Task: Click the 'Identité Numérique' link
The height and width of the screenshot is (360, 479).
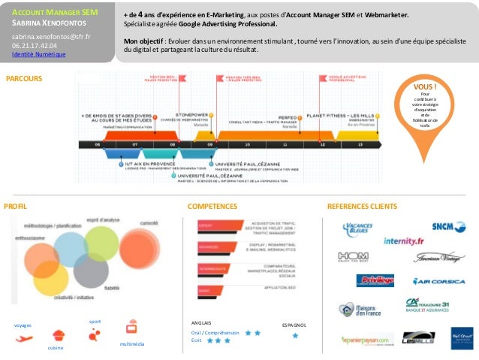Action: pos(38,55)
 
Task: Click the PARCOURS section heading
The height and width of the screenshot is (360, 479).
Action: pos(24,78)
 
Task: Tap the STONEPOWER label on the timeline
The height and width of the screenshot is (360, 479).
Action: pos(191,115)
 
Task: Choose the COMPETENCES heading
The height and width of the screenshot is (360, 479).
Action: pos(212,205)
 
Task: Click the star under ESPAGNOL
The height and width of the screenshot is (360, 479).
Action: pos(295,336)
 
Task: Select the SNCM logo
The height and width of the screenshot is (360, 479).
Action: pos(448,225)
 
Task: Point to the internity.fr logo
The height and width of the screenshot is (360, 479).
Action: pos(403,241)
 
